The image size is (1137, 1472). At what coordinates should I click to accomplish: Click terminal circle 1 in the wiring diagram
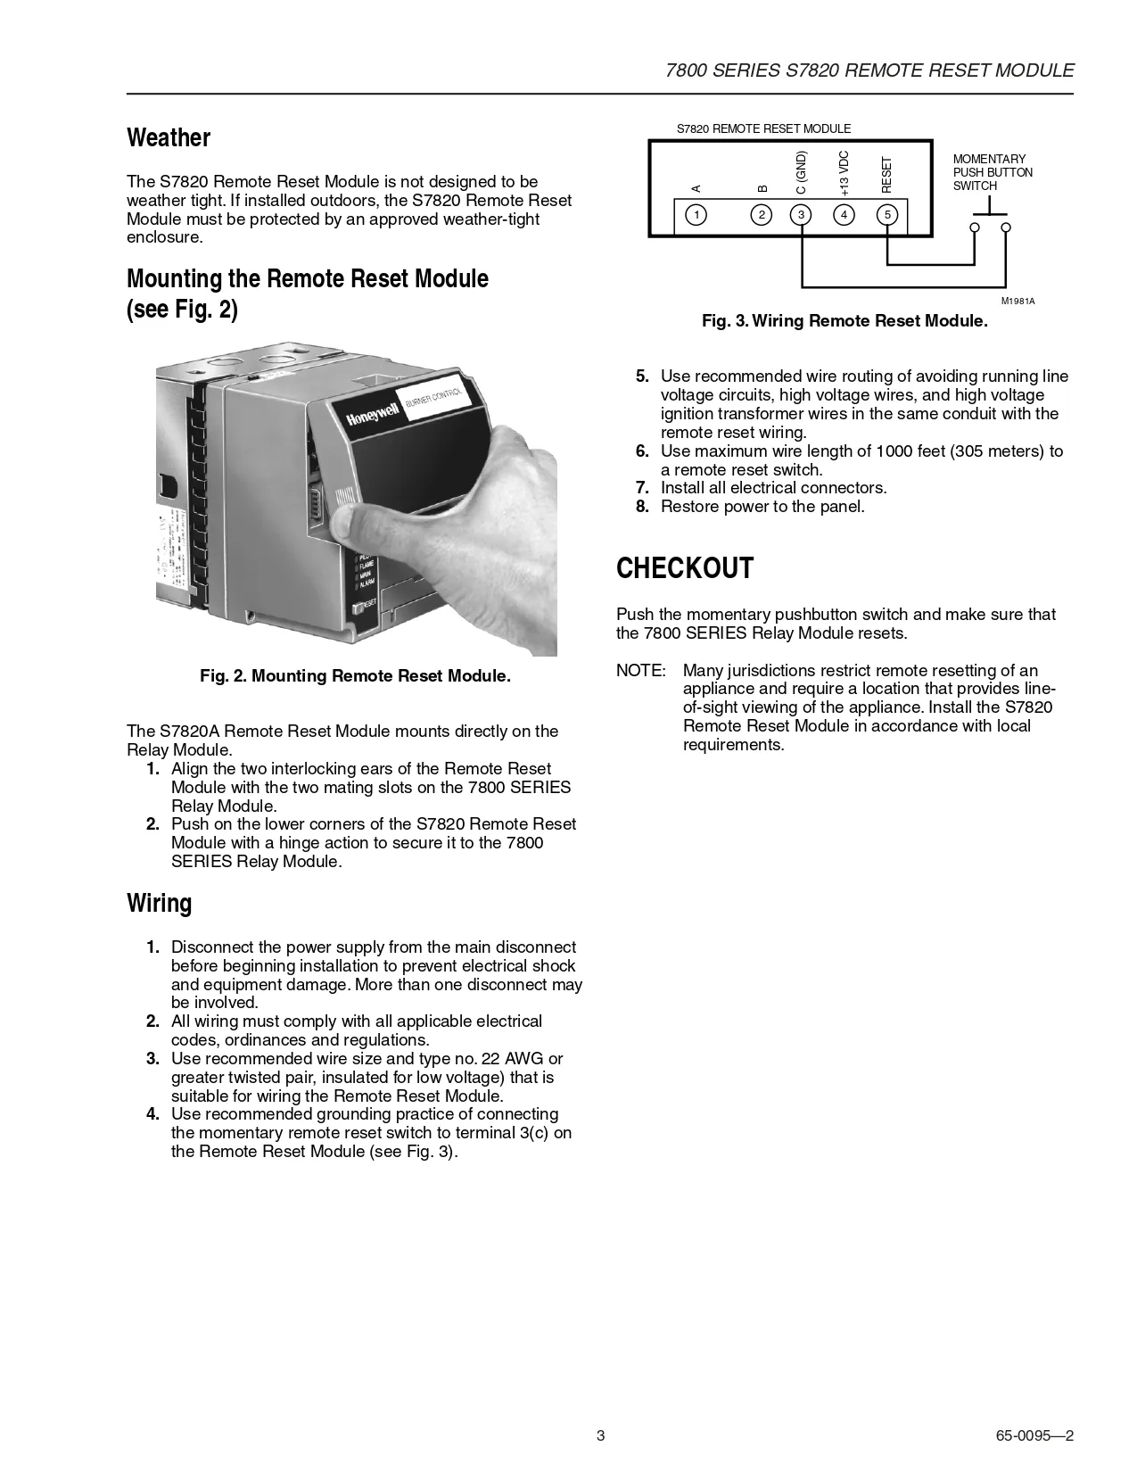click(696, 214)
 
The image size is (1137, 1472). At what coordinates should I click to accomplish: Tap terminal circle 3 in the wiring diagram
click(801, 214)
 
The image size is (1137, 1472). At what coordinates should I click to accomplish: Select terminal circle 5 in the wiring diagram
click(886, 214)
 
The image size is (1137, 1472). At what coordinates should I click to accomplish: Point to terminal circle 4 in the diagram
click(844, 214)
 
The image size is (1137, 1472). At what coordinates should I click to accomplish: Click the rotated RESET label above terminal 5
click(886, 175)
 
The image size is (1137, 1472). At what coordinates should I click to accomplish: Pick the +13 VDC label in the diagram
click(844, 173)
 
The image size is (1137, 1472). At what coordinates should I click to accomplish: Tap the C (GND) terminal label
click(801, 172)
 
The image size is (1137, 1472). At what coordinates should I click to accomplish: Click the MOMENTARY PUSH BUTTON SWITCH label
click(993, 172)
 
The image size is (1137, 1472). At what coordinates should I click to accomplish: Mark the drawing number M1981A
click(1018, 302)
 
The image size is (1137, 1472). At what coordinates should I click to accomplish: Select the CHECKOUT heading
click(685, 568)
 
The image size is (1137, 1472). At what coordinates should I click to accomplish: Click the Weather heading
click(169, 138)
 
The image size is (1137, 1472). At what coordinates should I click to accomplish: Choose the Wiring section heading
click(160, 904)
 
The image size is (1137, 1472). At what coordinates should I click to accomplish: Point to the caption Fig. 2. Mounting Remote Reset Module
click(355, 676)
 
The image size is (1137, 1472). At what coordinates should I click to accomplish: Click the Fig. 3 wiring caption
click(845, 321)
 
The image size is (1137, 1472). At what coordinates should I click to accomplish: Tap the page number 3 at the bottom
click(600, 1436)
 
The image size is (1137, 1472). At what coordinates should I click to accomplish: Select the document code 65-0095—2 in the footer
click(1034, 1436)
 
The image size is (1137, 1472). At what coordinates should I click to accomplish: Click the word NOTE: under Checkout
click(640, 671)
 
